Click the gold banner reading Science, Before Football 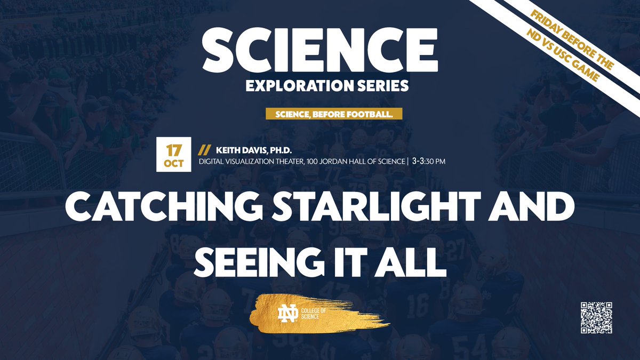click(333, 114)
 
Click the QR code click(596, 317)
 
